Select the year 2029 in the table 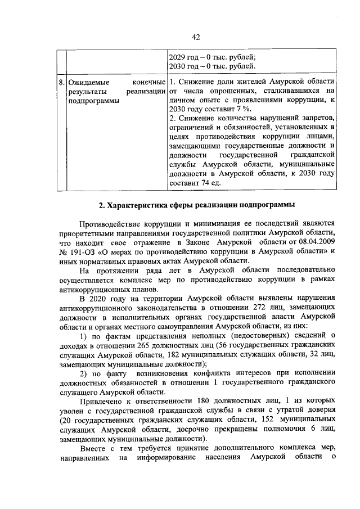[178, 56]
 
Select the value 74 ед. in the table [208, 183]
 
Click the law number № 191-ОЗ [78, 251]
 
